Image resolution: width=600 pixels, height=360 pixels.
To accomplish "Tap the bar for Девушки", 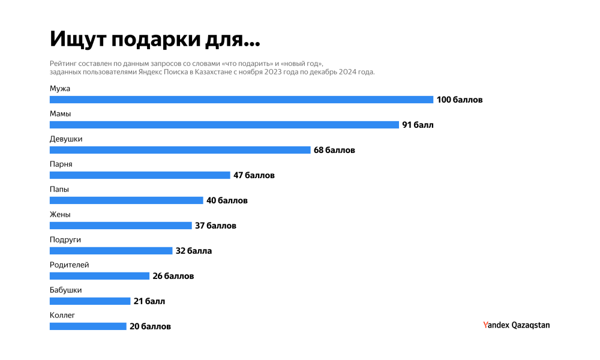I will (x=180, y=150).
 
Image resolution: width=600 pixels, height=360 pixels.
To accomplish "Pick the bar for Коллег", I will (x=88, y=326).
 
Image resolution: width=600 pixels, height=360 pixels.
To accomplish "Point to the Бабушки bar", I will (x=89, y=301).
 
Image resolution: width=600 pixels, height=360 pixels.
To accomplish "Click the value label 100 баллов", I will (x=460, y=100).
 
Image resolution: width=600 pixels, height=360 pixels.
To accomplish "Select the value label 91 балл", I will (x=418, y=125).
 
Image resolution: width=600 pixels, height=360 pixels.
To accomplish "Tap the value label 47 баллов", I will (x=254, y=175).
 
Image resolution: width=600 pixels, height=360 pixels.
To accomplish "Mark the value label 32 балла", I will (x=193, y=251).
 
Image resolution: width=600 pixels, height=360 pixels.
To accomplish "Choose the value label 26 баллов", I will (x=173, y=276).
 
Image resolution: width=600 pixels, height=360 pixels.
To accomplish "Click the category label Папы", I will (x=59, y=189).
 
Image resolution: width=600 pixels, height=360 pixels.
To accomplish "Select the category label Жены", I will (x=61, y=214).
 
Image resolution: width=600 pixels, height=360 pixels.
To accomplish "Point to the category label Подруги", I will (x=65, y=239).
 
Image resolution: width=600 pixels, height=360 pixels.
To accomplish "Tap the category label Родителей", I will (x=69, y=265).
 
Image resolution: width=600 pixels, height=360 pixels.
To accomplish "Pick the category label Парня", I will (x=61, y=164).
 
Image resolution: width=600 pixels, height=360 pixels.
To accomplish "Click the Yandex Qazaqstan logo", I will (x=516, y=325).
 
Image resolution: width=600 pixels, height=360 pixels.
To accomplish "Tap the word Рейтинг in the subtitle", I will (x=63, y=63).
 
